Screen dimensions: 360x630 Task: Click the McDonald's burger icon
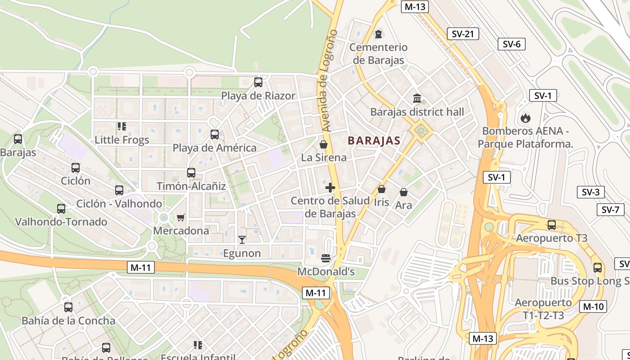tap(326, 258)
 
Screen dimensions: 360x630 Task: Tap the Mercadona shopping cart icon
tap(181, 217)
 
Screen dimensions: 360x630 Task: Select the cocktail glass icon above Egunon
tap(242, 240)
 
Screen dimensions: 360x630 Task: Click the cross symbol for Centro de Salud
tap(330, 188)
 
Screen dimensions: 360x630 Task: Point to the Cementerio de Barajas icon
tap(378, 34)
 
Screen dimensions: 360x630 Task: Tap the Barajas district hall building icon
tap(417, 98)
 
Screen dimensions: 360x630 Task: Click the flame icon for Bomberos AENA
tap(525, 118)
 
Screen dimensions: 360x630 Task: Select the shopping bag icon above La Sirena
tap(323, 144)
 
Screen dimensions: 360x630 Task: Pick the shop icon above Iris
tap(382, 189)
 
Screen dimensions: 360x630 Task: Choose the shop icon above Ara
tap(404, 192)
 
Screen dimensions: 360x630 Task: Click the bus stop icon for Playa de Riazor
tap(258, 82)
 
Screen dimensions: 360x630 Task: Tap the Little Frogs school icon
tap(121, 126)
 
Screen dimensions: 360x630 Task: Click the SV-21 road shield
tap(463, 34)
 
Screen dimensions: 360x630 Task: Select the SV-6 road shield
tap(512, 44)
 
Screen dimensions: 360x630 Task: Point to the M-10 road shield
tap(593, 306)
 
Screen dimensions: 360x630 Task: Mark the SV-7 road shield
tap(610, 210)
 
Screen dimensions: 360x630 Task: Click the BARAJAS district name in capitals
tap(374, 141)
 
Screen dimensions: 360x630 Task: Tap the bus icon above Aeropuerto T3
tap(552, 225)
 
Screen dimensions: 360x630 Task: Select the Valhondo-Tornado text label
tap(61, 222)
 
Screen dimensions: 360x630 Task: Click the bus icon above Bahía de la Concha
tap(68, 307)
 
